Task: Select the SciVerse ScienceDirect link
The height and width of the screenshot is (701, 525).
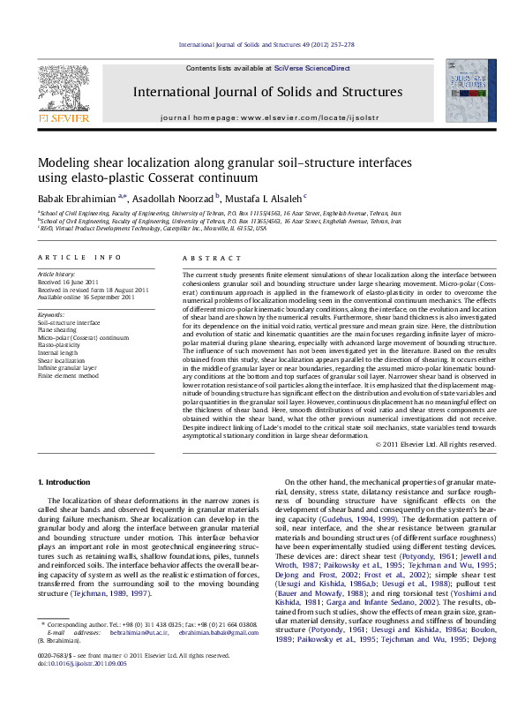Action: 311,68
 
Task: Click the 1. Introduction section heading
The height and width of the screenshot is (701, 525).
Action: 67,482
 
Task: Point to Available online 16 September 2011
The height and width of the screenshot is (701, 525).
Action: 85,297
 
